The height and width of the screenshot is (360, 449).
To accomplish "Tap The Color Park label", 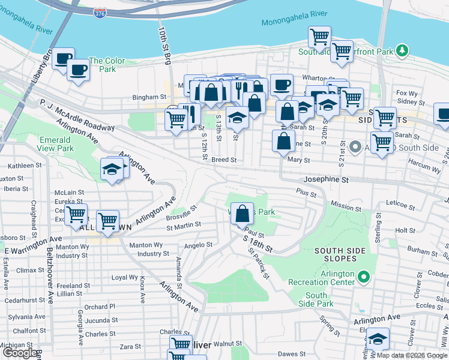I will tap(107, 65).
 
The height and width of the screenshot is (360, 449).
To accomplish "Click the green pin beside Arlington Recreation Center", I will tap(363, 277).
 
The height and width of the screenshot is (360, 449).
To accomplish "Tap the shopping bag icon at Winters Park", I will tap(241, 214).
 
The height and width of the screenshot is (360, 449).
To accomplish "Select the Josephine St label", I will tap(326, 179).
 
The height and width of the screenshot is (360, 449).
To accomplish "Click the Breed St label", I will tap(224, 160).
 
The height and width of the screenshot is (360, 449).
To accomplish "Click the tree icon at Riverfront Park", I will tap(404, 50).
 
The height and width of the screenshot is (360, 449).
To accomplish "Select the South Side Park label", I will tap(316, 299).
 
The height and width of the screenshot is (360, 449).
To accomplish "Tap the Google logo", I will tap(19, 353).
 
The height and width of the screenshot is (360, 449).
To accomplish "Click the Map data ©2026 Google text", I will tap(412, 355).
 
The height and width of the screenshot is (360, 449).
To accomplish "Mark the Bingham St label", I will tap(148, 97).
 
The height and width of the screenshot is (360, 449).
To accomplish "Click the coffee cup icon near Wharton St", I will tap(281, 84).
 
